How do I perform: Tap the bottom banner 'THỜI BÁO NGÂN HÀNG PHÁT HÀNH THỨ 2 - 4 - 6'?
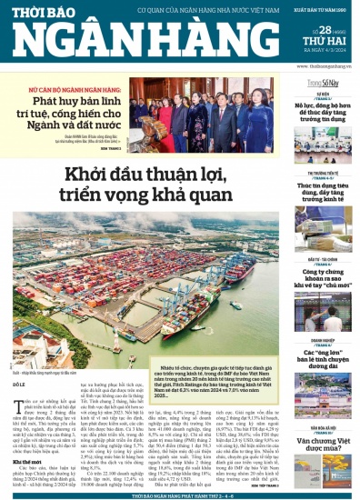pyautogui.click(x=179, y=495)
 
